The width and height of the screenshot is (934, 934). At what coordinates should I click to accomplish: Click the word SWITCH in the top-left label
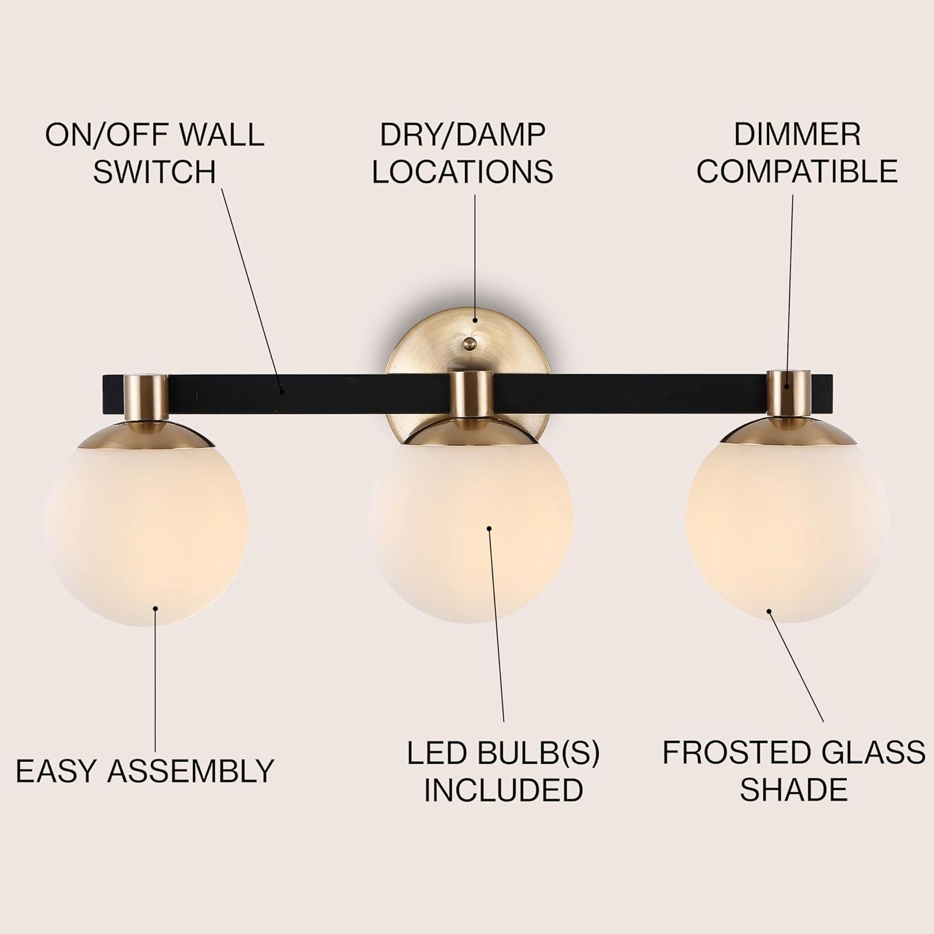tap(154, 171)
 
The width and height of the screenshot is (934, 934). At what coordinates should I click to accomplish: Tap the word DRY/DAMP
tap(463, 134)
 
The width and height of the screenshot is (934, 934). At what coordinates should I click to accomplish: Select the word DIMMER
tap(797, 134)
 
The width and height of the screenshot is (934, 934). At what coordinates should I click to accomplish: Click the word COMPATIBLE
tap(797, 171)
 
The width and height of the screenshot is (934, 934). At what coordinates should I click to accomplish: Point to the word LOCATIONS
tap(463, 171)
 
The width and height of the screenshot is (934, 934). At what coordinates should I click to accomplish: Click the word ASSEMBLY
tap(191, 771)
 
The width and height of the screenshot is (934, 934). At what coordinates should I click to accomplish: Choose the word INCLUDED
tap(503, 790)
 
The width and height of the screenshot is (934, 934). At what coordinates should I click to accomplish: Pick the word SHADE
tap(794, 790)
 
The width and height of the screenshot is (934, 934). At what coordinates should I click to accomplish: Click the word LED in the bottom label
tap(433, 753)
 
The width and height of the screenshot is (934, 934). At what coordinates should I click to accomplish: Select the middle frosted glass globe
tap(470, 529)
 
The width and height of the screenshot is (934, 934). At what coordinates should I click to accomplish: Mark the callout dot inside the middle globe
tap(489, 529)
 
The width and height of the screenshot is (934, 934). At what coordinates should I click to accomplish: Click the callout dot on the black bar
tap(282, 392)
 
